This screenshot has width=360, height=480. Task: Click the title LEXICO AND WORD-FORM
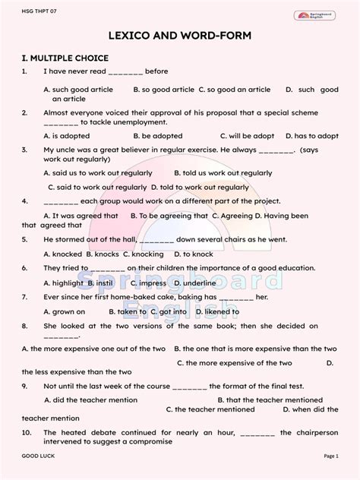[180, 36]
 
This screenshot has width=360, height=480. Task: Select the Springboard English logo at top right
[315, 14]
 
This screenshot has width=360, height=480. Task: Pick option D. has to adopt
[311, 136]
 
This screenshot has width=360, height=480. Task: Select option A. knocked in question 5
[62, 254]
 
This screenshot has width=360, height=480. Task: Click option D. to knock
[193, 254]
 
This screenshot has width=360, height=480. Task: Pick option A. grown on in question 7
[64, 311]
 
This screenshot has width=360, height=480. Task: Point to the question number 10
[27, 432]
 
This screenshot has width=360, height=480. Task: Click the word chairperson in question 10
[314, 432]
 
